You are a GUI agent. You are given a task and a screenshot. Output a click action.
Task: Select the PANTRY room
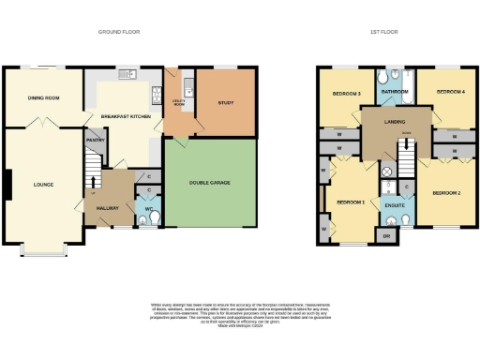[x=95, y=140]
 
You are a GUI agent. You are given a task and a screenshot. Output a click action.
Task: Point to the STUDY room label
[x=225, y=103]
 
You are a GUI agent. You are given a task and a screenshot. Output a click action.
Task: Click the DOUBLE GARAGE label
[x=209, y=182]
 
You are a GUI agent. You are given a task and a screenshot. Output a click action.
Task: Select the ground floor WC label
[x=149, y=209]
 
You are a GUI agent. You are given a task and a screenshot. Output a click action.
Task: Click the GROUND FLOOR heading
[x=119, y=32]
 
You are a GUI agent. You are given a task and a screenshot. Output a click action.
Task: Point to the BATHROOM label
[x=396, y=91]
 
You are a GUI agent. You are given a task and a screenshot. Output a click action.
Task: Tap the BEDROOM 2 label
[x=445, y=192]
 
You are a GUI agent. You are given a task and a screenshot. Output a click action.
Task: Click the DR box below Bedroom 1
[x=385, y=235]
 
